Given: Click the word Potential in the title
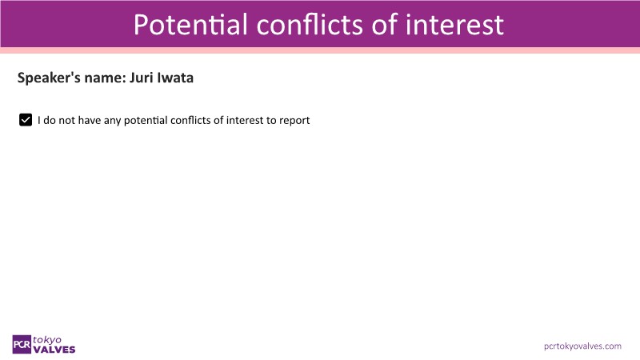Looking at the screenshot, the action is coord(190,24).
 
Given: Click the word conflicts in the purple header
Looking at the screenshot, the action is coord(310,24).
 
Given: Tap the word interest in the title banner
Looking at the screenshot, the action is coord(454,24).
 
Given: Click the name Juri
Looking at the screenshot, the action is coord(142,78).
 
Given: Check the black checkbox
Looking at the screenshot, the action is coord(26,120).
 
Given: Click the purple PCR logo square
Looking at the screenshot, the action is coord(22,345).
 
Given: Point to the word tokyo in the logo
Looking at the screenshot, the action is coord(47,340).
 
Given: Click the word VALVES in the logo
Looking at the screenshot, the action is coord(54,350).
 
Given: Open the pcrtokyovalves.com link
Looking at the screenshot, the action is coord(582,346).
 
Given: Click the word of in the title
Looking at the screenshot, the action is coord(385,24).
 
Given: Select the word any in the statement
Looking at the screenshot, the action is coord(112,121).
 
